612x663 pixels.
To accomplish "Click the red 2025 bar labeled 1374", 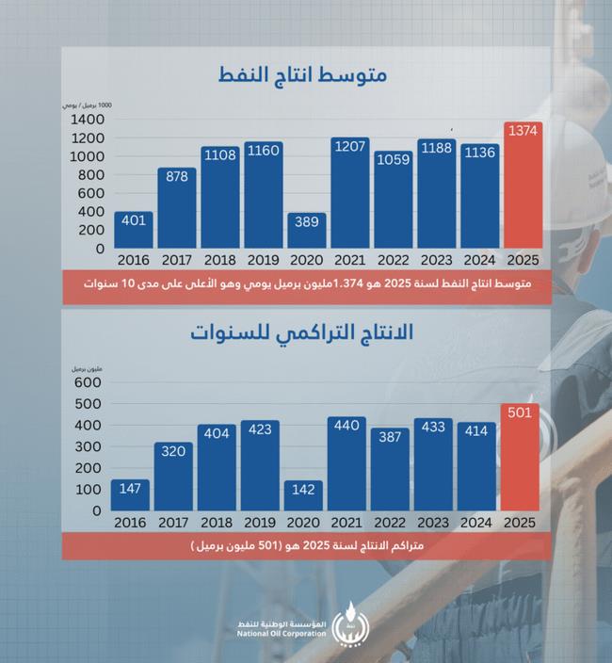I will (x=523, y=188).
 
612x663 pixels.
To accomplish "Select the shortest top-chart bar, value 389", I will (x=307, y=231).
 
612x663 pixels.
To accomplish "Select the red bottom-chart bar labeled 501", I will (x=523, y=461).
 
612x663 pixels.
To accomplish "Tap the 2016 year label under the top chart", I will (x=133, y=259).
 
